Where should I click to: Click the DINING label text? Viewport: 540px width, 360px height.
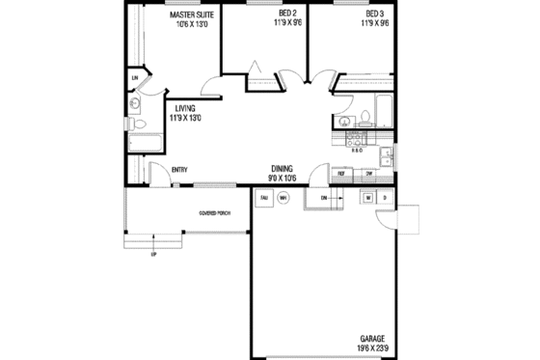pyautogui.click(x=282, y=167)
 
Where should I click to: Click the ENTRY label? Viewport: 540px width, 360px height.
pyautogui.click(x=179, y=171)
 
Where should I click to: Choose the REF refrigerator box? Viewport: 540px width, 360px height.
pyautogui.click(x=341, y=174)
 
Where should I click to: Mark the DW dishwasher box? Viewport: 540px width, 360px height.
pyautogui.click(x=369, y=174)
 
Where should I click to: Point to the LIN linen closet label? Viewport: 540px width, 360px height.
pyautogui.click(x=135, y=78)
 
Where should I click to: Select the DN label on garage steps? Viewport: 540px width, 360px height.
pyautogui.click(x=324, y=198)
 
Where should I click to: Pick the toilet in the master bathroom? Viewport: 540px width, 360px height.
pyautogui.click(x=138, y=125)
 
